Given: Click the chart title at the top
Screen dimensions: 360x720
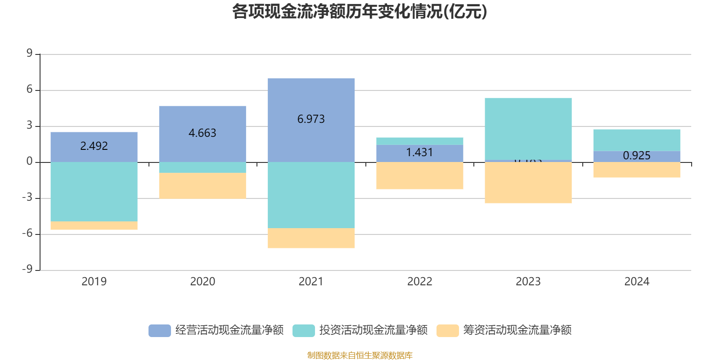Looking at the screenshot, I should [360, 12].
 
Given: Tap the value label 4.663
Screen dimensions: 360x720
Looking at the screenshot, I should [202, 133].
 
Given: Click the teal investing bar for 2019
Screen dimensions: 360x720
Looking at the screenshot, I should [94, 192].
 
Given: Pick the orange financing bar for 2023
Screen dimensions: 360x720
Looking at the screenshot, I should [528, 183].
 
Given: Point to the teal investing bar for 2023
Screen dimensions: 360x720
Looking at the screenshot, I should [528, 128].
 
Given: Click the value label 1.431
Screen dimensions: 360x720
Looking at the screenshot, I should [419, 153].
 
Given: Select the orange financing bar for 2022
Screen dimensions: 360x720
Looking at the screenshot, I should [419, 176].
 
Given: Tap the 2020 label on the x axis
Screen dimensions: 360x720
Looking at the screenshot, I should [202, 282].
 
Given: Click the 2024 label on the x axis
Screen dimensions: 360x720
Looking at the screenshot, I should [636, 282].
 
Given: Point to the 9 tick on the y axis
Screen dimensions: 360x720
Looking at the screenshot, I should [29, 54].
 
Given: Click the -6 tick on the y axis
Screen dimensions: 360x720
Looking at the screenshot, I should [27, 234].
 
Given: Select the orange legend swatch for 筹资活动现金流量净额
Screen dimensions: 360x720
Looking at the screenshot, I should [447, 330].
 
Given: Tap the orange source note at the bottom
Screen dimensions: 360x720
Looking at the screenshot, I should [360, 355].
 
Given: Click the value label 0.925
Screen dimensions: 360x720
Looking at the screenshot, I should [636, 156].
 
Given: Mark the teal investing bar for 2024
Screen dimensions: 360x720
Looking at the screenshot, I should [636, 140].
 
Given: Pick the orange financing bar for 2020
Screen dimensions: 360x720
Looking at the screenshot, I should [202, 186].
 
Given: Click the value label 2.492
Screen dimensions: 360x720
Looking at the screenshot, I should [94, 146].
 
